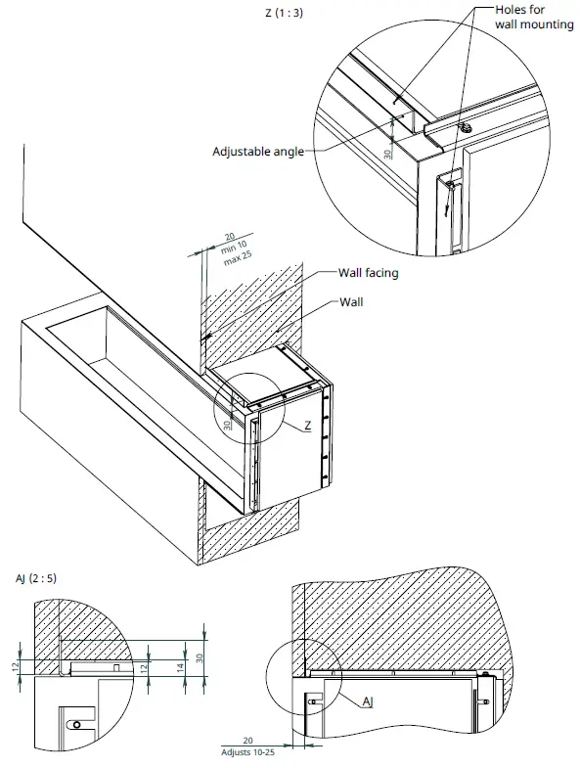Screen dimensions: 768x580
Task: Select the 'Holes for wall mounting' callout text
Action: (535, 17)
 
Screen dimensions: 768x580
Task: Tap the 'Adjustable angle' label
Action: (258, 152)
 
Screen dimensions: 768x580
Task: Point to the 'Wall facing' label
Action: (368, 273)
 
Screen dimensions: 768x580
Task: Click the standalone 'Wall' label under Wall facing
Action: (350, 302)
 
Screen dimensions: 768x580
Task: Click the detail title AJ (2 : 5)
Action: (36, 577)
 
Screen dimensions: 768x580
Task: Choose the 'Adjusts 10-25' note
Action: (247, 753)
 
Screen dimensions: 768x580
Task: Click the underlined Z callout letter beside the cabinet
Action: (307, 426)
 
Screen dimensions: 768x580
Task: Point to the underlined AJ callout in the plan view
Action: (368, 701)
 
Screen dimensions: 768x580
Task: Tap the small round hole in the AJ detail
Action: (75, 724)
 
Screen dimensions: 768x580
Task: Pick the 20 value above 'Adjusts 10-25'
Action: (247, 742)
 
